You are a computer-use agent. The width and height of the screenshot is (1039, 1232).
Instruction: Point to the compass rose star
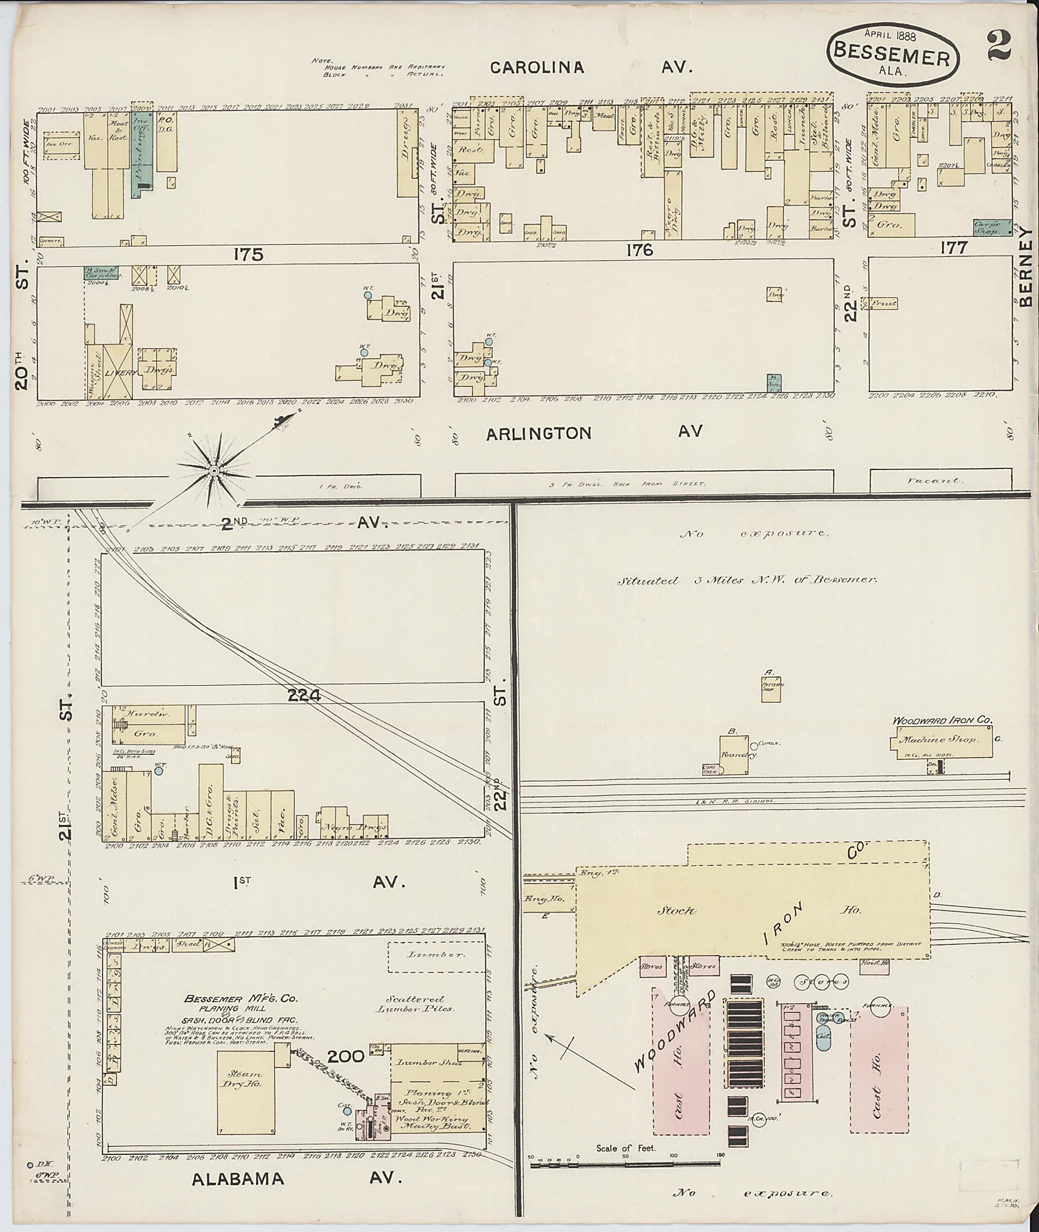click(x=215, y=471)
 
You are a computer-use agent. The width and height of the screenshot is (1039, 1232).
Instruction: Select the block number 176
click(x=640, y=250)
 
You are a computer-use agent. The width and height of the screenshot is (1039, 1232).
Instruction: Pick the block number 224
click(x=304, y=695)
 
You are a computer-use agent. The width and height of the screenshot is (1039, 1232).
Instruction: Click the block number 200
click(x=347, y=1057)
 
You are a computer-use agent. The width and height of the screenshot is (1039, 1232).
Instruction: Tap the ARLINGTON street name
click(x=539, y=434)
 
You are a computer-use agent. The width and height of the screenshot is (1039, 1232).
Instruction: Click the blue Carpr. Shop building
click(x=992, y=228)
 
